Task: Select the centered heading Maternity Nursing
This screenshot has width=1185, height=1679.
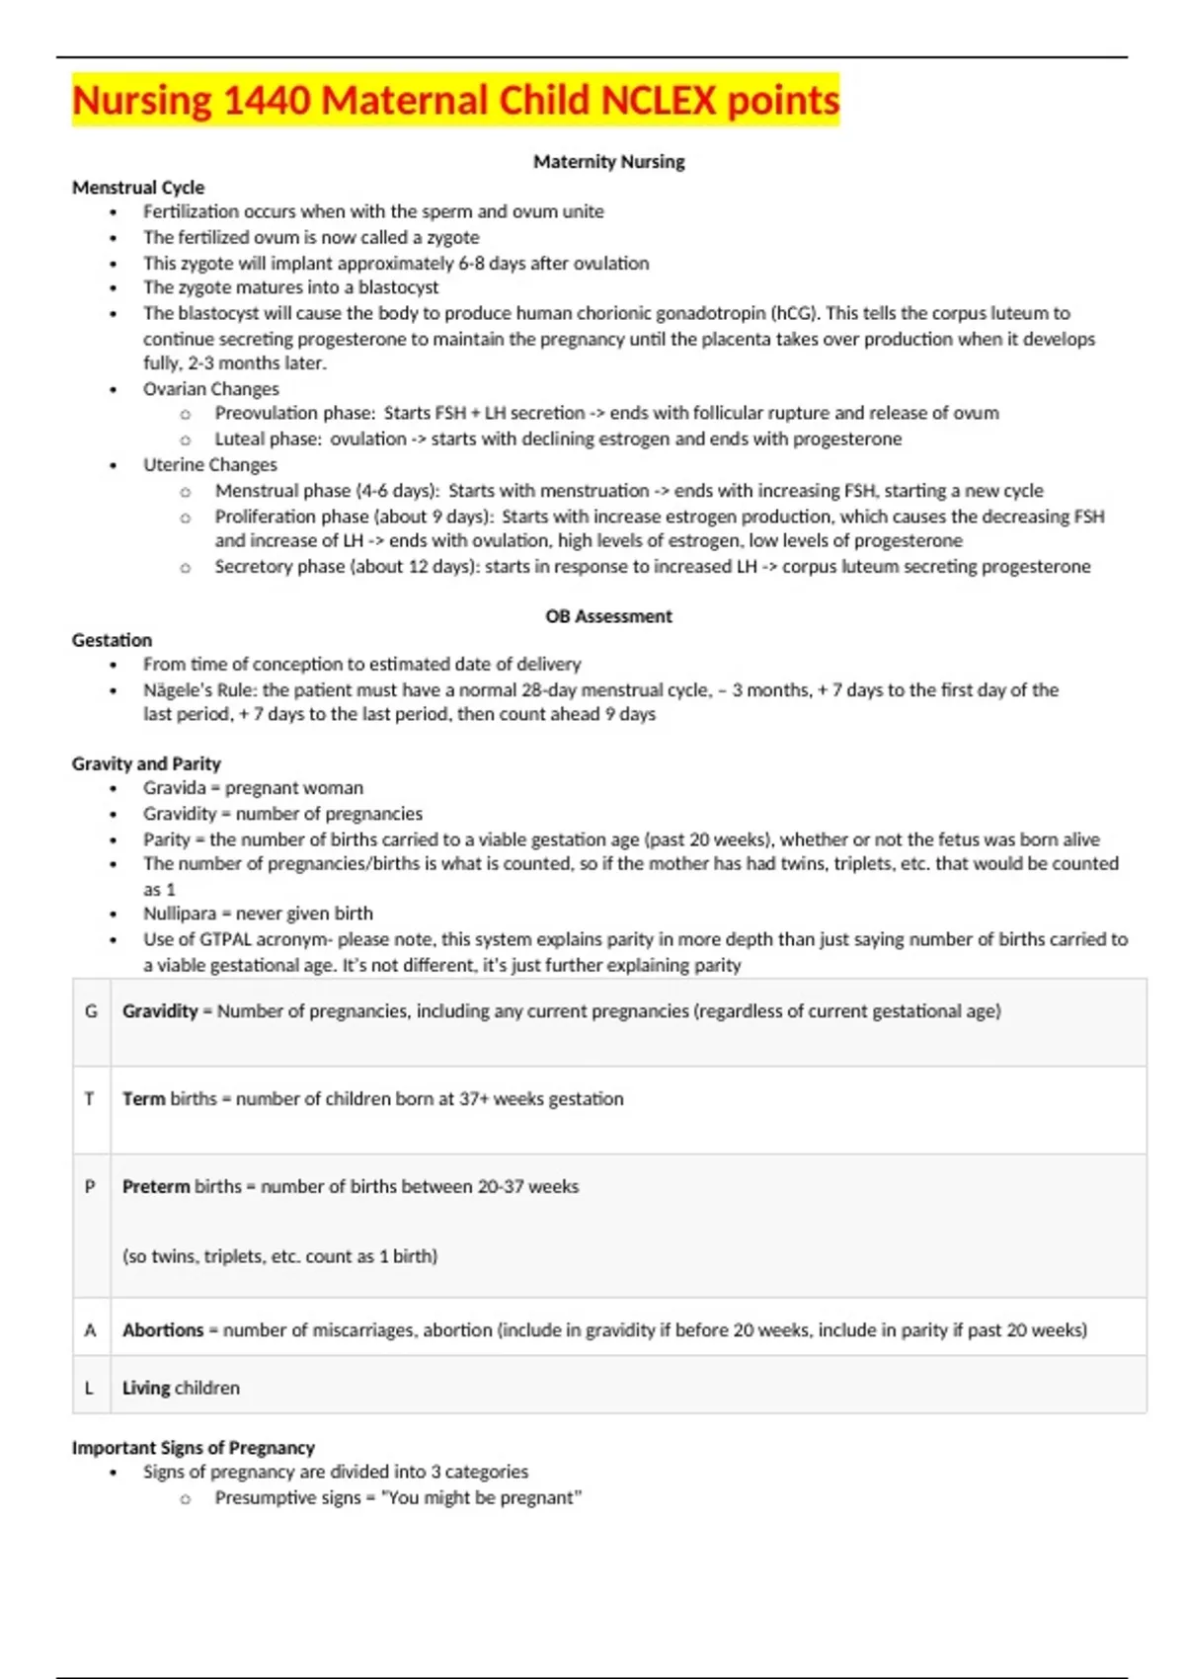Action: [x=608, y=161]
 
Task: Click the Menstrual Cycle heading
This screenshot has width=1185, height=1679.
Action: [x=138, y=187]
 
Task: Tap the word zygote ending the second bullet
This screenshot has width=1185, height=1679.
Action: [x=453, y=237]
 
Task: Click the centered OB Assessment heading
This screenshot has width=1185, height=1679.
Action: [x=608, y=616]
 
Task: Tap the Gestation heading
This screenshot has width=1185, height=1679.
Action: [x=112, y=640]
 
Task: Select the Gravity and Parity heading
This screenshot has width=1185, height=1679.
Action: [x=146, y=763]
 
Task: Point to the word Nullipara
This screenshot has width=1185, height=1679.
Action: [x=179, y=914]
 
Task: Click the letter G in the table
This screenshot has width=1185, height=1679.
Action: [x=91, y=1011]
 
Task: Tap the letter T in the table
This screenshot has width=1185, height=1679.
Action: [x=90, y=1098]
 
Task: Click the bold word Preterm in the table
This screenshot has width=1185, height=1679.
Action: [x=155, y=1186]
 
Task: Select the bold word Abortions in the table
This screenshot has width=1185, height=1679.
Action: [x=163, y=1330]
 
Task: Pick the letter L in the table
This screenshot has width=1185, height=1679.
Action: [x=90, y=1388]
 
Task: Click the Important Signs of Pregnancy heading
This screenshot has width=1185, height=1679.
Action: [x=193, y=1447]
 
